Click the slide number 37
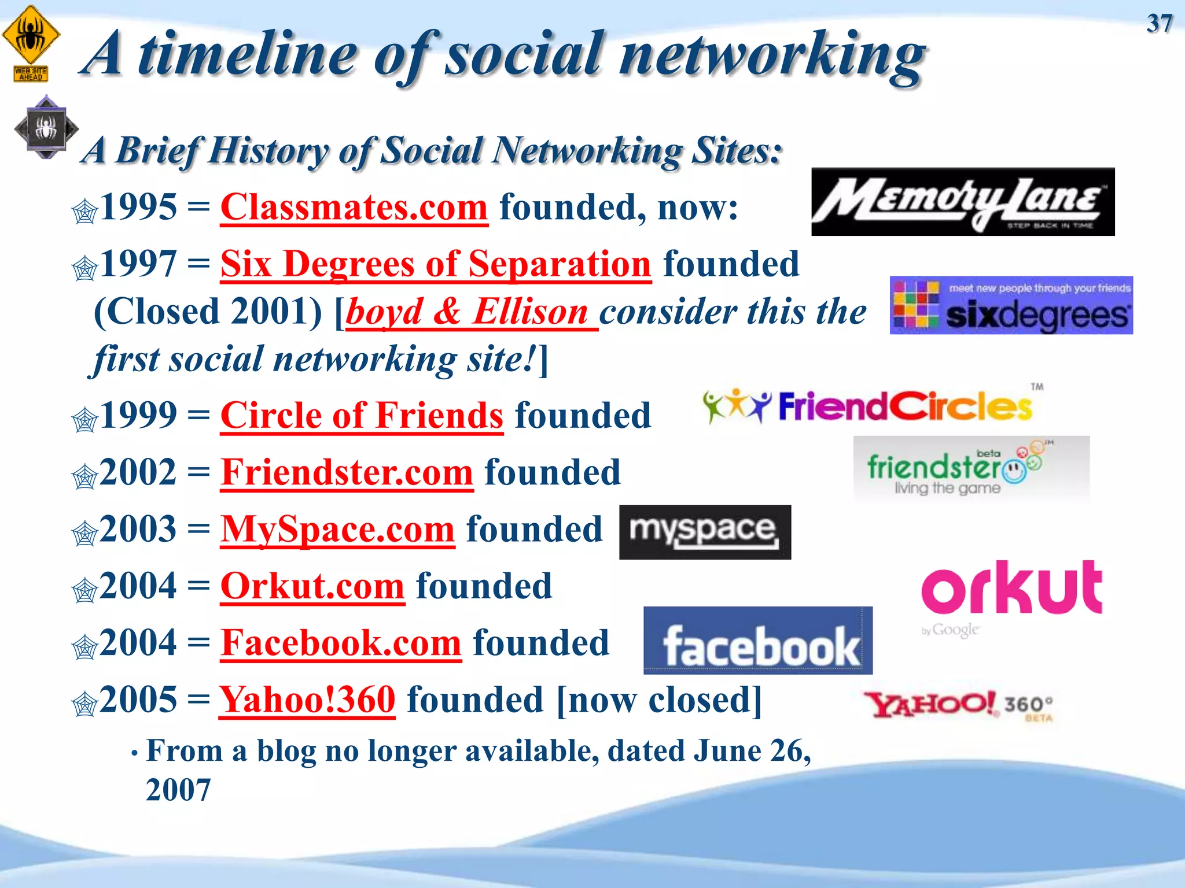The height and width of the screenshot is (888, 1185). pyautogui.click(x=1160, y=24)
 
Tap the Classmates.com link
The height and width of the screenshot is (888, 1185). pyautogui.click(x=354, y=207)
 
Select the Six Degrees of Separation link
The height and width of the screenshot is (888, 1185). pyautogui.click(x=436, y=264)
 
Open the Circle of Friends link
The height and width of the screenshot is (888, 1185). pyautogui.click(x=362, y=415)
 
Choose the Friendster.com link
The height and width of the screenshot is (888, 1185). pyautogui.click(x=347, y=472)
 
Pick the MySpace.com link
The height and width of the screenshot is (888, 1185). pyautogui.click(x=337, y=529)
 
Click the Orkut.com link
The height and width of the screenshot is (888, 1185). pyautogui.click(x=312, y=586)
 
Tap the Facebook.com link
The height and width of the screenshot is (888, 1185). pyautogui.click(x=341, y=643)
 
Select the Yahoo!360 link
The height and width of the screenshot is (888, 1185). pyautogui.click(x=307, y=700)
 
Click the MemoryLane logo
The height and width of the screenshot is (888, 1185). pyautogui.click(x=962, y=202)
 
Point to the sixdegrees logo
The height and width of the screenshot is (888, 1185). pyautogui.click(x=1011, y=305)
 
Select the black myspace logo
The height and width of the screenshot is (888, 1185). pyautogui.click(x=705, y=532)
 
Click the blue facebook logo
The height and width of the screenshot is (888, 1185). pyautogui.click(x=757, y=641)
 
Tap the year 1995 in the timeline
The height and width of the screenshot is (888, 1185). pyautogui.click(x=138, y=207)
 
